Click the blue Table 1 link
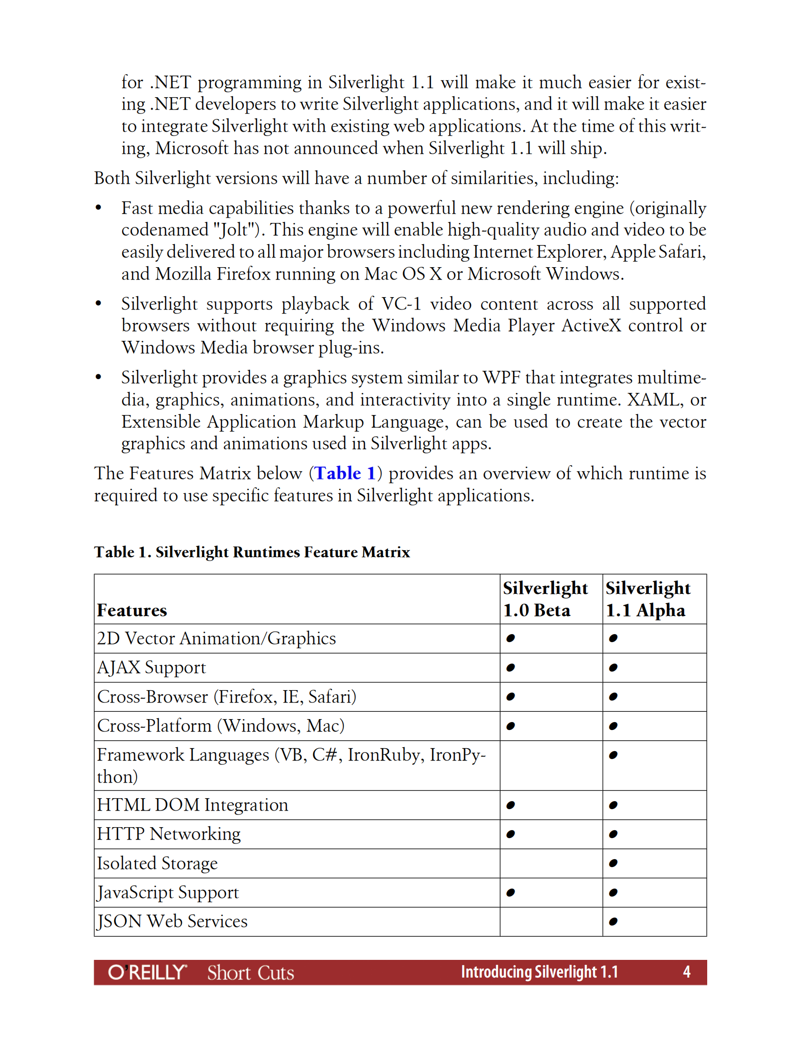(345, 473)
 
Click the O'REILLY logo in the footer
(147, 972)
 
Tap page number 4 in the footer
(686, 972)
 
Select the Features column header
(132, 610)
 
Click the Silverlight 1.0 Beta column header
(545, 599)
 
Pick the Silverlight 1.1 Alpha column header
(647, 599)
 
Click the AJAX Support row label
(151, 668)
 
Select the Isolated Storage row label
(157, 863)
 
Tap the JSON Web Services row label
(172, 921)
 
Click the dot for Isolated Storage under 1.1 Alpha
(612, 863)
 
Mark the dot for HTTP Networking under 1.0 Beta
(510, 834)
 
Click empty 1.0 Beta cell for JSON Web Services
(551, 921)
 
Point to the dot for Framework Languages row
(612, 755)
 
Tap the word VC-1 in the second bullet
(401, 304)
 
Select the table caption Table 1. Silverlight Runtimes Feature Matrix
(252, 552)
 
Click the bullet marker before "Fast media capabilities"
(98, 208)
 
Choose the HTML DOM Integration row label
(193, 805)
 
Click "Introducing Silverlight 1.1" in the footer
(539, 972)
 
